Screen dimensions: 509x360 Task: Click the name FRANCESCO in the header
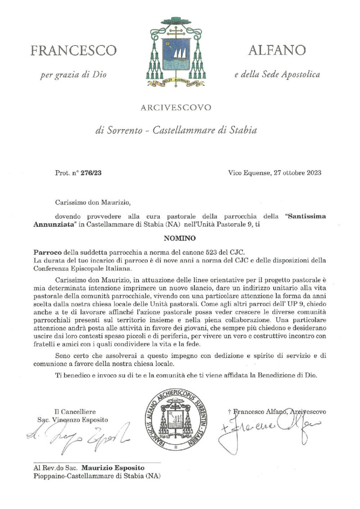point(73,50)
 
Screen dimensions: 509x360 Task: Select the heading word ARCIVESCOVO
point(175,108)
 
